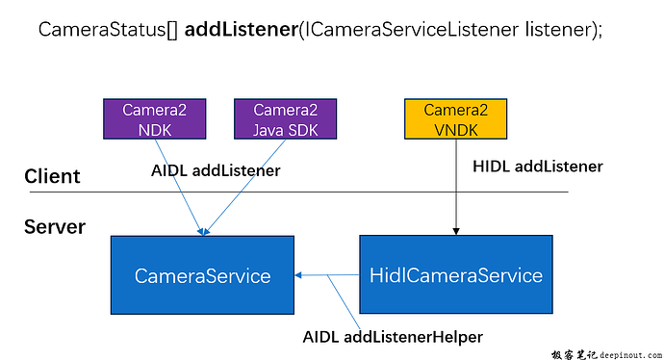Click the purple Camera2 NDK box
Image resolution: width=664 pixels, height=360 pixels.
(x=147, y=118)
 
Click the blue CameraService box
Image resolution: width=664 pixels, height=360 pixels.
(x=202, y=275)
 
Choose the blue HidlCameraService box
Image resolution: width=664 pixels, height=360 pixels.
(x=456, y=275)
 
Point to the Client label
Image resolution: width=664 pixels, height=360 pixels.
(x=52, y=176)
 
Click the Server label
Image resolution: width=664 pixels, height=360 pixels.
(x=55, y=227)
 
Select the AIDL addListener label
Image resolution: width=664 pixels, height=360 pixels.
(x=216, y=170)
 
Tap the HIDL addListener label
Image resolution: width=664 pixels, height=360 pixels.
(x=538, y=167)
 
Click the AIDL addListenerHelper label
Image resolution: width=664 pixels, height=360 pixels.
(x=393, y=337)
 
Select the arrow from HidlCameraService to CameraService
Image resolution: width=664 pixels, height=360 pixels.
(x=327, y=275)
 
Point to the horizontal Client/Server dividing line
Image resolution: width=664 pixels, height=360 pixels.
(x=385, y=193)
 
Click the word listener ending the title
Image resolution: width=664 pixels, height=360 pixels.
(x=559, y=29)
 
